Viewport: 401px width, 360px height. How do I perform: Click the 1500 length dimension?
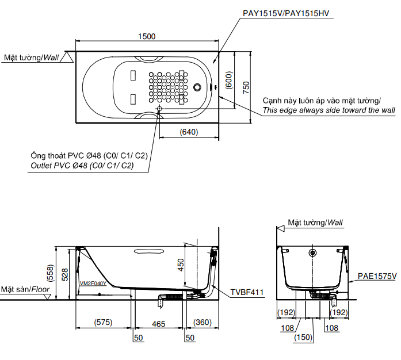[147, 36]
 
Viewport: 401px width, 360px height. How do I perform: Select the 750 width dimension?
[246, 87]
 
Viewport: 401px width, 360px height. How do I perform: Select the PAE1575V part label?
[377, 276]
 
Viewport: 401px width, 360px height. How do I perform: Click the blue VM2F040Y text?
[93, 283]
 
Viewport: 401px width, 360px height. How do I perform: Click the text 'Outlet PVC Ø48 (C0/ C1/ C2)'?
[81, 166]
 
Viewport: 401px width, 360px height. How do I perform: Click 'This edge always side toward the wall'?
[329, 110]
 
